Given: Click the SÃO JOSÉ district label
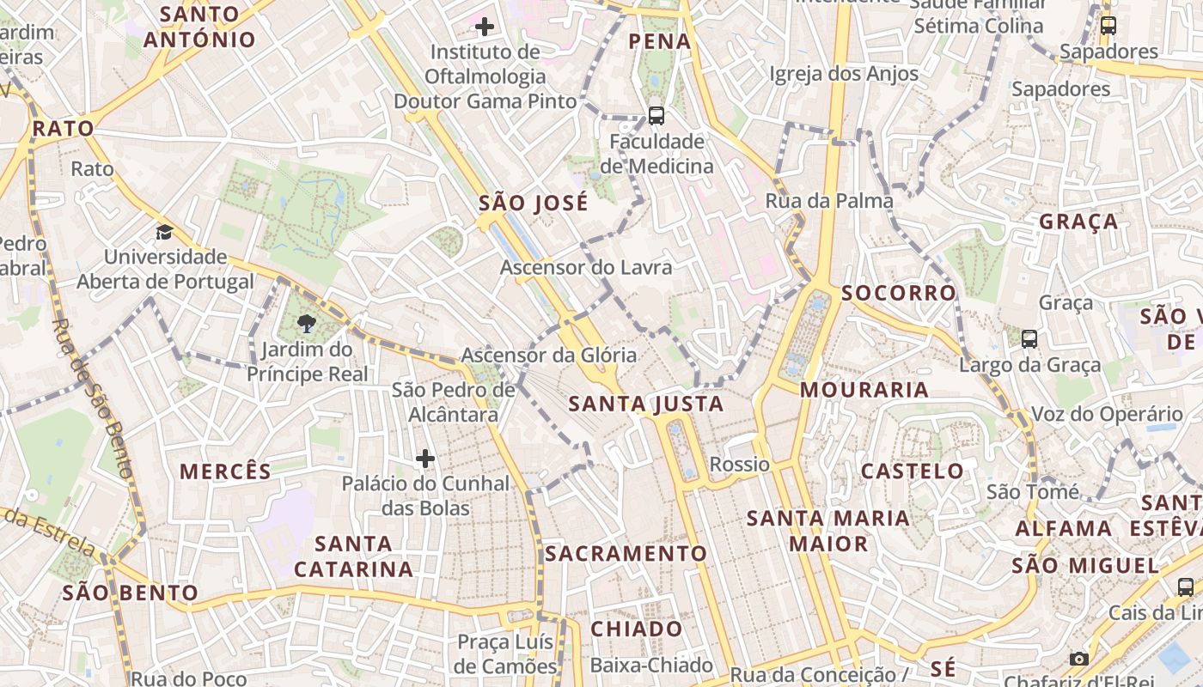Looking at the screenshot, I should coord(534,204).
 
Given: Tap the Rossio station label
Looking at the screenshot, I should coord(739,465).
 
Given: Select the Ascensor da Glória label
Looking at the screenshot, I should coord(549,355).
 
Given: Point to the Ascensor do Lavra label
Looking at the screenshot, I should coord(586,267).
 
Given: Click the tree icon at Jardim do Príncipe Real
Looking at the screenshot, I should coord(306,324).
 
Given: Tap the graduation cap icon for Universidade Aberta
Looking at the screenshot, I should coord(164,232).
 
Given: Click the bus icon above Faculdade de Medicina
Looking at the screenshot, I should coord(656,115).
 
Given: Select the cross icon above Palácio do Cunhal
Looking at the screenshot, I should coord(425,459).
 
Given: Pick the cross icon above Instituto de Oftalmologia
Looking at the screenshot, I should coord(485,27).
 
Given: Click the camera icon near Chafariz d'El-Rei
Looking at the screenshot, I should coord(1079,659).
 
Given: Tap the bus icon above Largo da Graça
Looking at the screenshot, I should coord(1029,339).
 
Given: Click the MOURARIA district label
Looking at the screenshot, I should coord(864,390).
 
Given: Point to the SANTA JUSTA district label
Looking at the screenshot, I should coord(646,404).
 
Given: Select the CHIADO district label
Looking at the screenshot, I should coord(637,629).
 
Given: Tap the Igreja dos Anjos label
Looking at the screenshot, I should coord(844,74).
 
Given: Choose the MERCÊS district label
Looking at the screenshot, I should coord(225,471).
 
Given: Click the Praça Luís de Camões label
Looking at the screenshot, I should coord(507,654).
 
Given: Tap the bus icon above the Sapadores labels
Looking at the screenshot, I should coord(1108,26).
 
